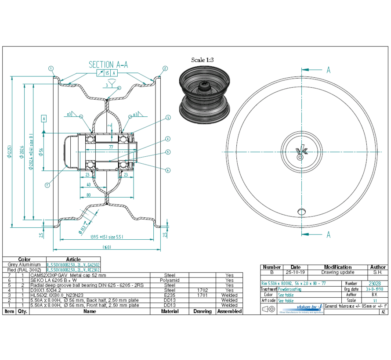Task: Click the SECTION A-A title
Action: click(x=108, y=65)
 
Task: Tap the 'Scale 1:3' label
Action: click(x=202, y=60)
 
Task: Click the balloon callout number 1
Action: click(x=51, y=68)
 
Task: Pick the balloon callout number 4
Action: click(x=168, y=139)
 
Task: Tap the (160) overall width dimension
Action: click(x=107, y=247)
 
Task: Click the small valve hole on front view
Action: click(x=301, y=212)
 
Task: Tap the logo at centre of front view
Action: click(x=302, y=151)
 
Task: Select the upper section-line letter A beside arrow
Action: click(x=328, y=70)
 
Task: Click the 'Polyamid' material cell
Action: click(x=170, y=280)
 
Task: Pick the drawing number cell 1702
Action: click(x=202, y=290)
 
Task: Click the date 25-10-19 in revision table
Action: click(x=296, y=272)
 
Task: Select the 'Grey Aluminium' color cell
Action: click(x=24, y=265)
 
